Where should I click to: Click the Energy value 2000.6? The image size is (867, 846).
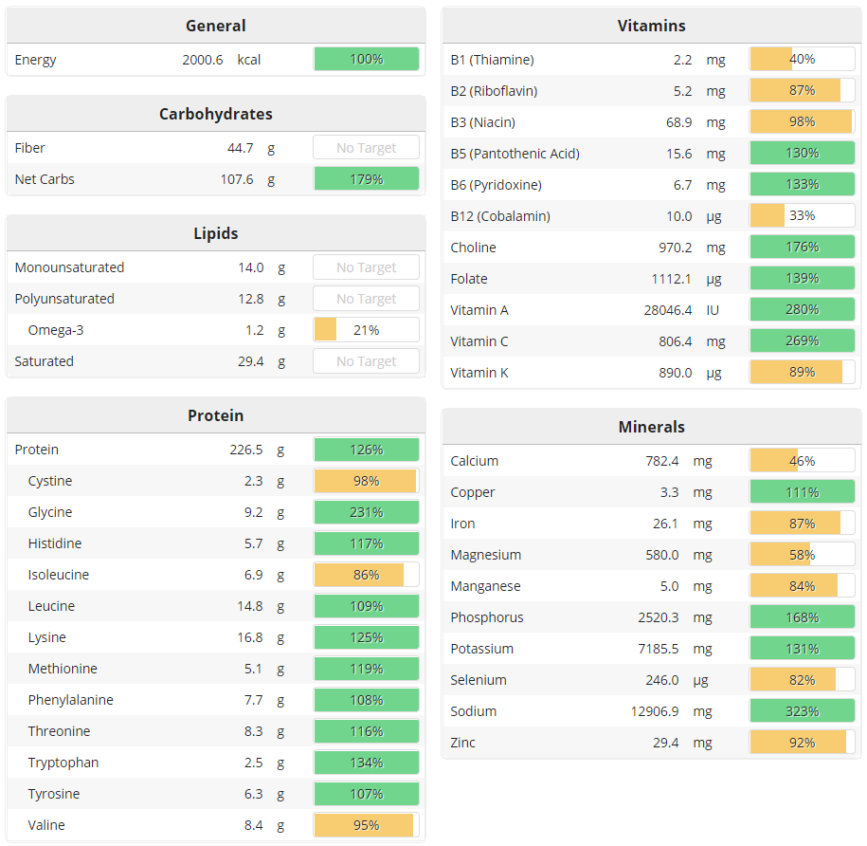(203, 60)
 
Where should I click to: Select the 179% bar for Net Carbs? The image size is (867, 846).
(366, 179)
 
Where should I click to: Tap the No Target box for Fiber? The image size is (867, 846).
(366, 148)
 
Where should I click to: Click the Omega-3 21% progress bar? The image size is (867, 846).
(366, 330)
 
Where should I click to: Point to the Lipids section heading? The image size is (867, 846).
(216, 233)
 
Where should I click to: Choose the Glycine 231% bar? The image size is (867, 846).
(366, 512)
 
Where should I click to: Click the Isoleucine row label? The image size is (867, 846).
(59, 575)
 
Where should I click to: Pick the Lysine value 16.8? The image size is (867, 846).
(250, 637)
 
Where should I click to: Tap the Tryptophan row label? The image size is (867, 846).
(63, 763)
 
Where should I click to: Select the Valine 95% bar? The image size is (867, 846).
(366, 825)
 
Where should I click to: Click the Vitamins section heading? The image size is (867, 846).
(652, 26)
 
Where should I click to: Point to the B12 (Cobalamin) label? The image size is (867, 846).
(500, 216)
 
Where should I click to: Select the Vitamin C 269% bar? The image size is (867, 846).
(802, 341)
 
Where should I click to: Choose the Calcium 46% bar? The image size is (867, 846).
(802, 461)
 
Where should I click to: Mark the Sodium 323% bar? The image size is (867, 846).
(802, 711)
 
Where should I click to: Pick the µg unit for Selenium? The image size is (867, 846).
(715, 680)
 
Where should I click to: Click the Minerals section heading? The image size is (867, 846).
(652, 427)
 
